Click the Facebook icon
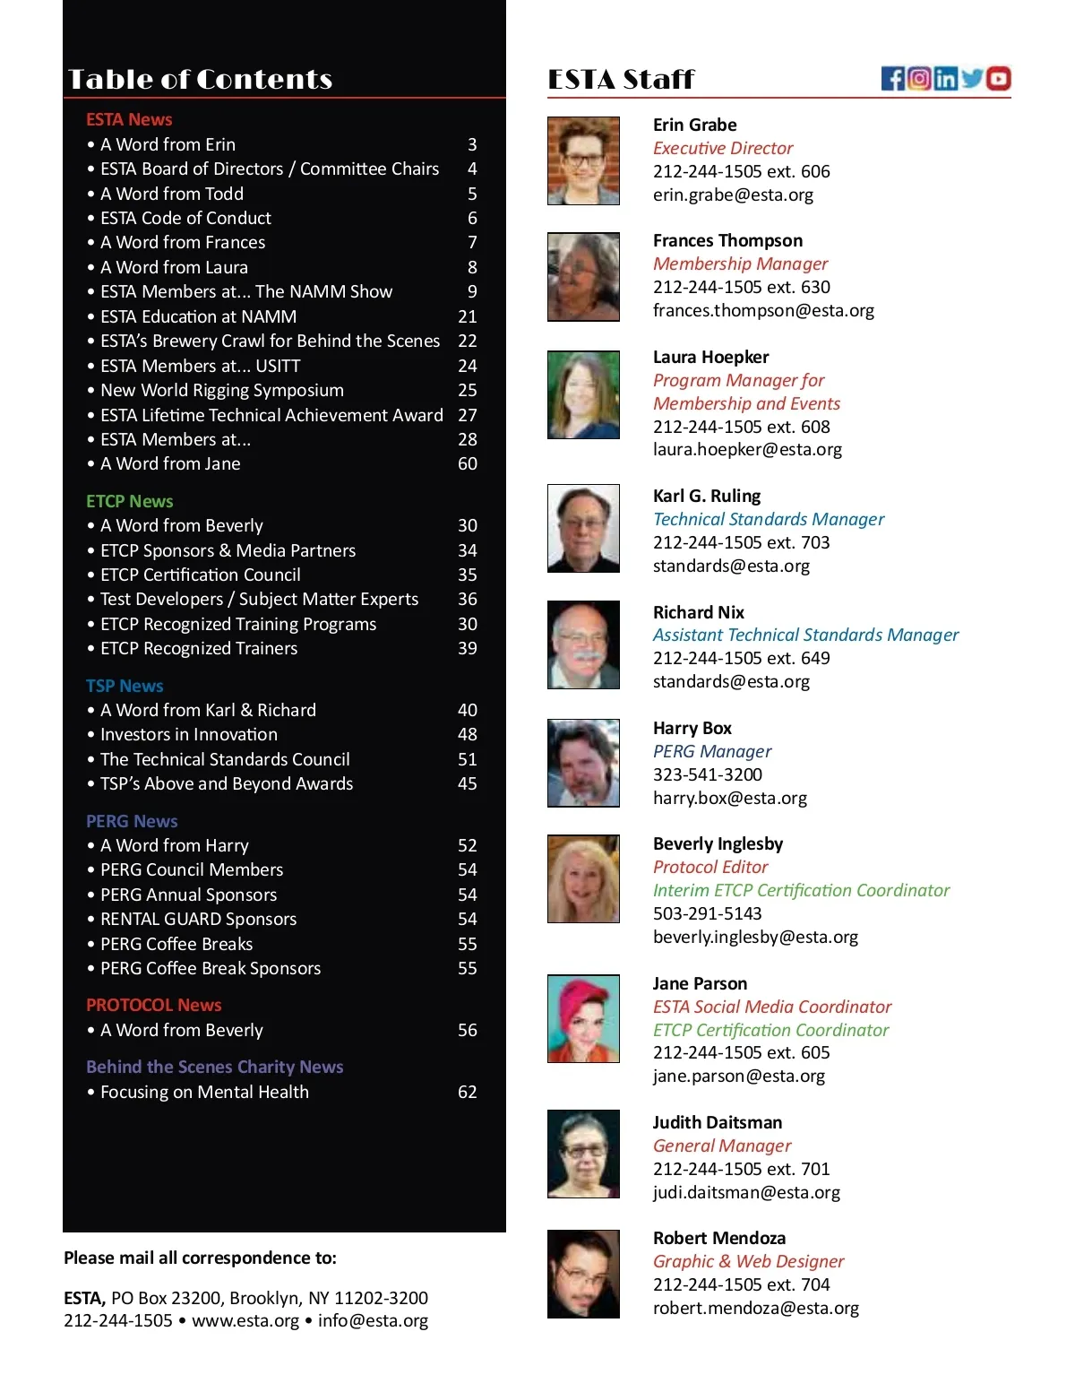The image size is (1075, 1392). click(893, 79)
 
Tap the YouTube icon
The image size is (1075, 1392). click(999, 79)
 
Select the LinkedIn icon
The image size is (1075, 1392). click(945, 79)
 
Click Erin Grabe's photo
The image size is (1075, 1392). click(583, 160)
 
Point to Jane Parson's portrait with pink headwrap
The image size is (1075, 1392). click(583, 1018)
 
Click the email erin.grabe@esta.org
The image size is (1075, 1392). click(733, 195)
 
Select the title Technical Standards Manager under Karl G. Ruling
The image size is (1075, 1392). click(768, 519)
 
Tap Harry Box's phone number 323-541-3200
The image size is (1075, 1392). click(707, 774)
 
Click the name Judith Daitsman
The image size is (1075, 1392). click(717, 1122)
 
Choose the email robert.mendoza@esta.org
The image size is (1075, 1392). click(755, 1308)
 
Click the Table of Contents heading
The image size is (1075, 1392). click(201, 80)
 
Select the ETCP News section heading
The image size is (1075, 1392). click(130, 501)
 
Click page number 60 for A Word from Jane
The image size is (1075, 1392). click(468, 463)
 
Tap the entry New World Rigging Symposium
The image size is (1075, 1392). click(222, 390)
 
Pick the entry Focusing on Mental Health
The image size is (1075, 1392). click(204, 1092)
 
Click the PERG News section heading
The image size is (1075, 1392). click(132, 821)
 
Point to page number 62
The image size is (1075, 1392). click(468, 1092)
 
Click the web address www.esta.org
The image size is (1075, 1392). click(245, 1320)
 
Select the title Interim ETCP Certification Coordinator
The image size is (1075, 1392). click(801, 890)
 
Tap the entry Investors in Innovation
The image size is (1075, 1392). click(189, 734)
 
